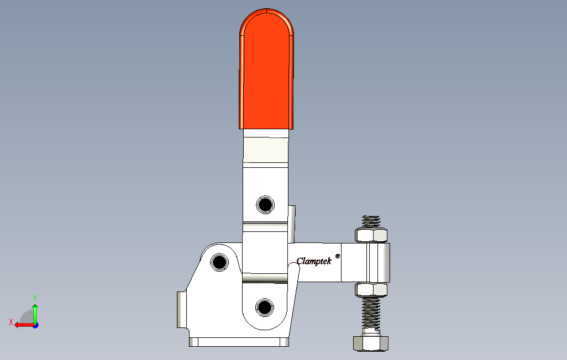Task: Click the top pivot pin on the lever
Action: click(265, 205)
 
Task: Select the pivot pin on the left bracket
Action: click(220, 262)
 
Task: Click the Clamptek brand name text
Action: click(313, 261)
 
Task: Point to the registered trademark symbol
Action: click(338, 256)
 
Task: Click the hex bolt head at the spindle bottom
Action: click(370, 343)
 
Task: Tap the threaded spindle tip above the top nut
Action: click(371, 221)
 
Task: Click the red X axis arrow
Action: click(22, 325)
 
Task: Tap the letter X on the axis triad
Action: click(11, 322)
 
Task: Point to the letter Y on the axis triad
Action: click(35, 297)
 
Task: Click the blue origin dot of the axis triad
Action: click(35, 325)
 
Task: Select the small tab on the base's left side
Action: click(180, 309)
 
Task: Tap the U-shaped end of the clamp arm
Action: click(379, 263)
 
